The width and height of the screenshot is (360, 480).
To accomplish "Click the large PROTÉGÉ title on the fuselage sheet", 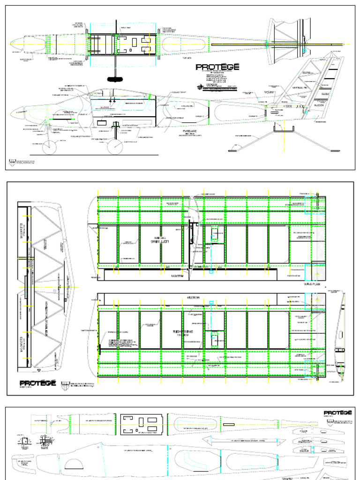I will point(217,67).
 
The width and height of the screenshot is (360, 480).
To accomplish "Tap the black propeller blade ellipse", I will point(116,78).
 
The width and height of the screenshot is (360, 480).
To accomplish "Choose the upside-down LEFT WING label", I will point(160,241).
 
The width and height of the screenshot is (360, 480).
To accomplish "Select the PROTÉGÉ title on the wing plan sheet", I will point(38,383).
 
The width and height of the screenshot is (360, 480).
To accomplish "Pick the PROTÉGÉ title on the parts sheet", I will point(338,412).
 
